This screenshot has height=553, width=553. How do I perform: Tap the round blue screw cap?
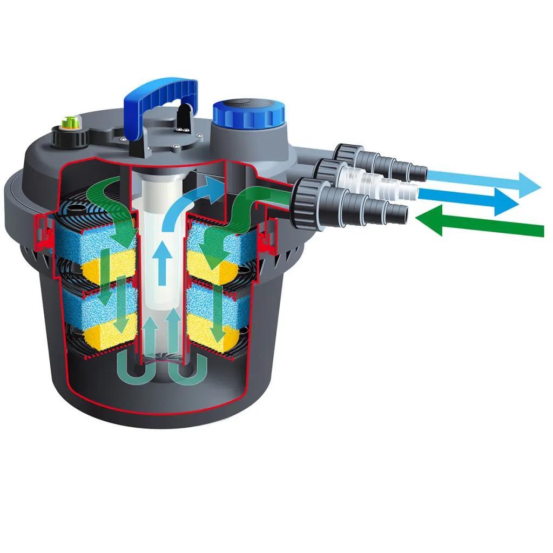(x=248, y=114)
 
